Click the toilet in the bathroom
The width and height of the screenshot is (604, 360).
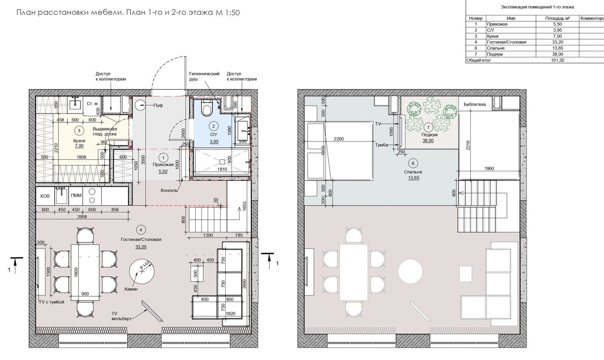[207, 108]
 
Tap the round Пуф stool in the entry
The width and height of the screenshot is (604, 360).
[141, 105]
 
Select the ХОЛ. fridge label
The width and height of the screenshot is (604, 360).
[45, 196]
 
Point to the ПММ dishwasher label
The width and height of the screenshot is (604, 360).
[76, 195]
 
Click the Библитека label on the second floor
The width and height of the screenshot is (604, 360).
[475, 104]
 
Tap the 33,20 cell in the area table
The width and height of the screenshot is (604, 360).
[557, 42]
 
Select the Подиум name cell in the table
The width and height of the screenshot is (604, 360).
[495, 54]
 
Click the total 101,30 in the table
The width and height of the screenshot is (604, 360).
[557, 60]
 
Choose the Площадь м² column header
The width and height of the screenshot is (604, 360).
[557, 18]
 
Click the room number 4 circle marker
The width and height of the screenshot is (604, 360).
[141, 230]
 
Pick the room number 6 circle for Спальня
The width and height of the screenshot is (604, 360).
[413, 163]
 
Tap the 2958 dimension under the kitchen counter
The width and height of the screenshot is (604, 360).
[82, 216]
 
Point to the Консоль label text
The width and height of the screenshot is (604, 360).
[169, 190]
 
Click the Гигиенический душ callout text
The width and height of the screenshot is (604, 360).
[204, 76]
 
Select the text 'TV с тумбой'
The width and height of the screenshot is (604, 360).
[51, 302]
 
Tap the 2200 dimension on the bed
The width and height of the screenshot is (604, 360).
[339, 139]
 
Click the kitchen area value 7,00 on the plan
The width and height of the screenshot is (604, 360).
[79, 146]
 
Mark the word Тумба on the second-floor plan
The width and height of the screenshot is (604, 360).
[382, 145]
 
